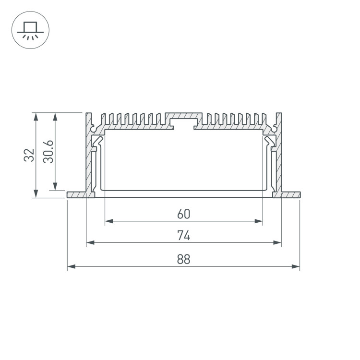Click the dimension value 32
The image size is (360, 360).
29,155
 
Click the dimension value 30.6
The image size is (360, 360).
48,152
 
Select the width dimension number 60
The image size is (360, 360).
184,214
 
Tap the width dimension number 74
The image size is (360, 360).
184,236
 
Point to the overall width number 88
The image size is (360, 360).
184,259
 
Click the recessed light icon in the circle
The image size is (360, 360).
30,31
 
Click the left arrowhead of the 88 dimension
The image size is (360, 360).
72,266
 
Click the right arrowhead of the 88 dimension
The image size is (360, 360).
296,266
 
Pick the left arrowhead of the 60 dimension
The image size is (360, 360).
109,221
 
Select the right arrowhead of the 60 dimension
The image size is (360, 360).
259,221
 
